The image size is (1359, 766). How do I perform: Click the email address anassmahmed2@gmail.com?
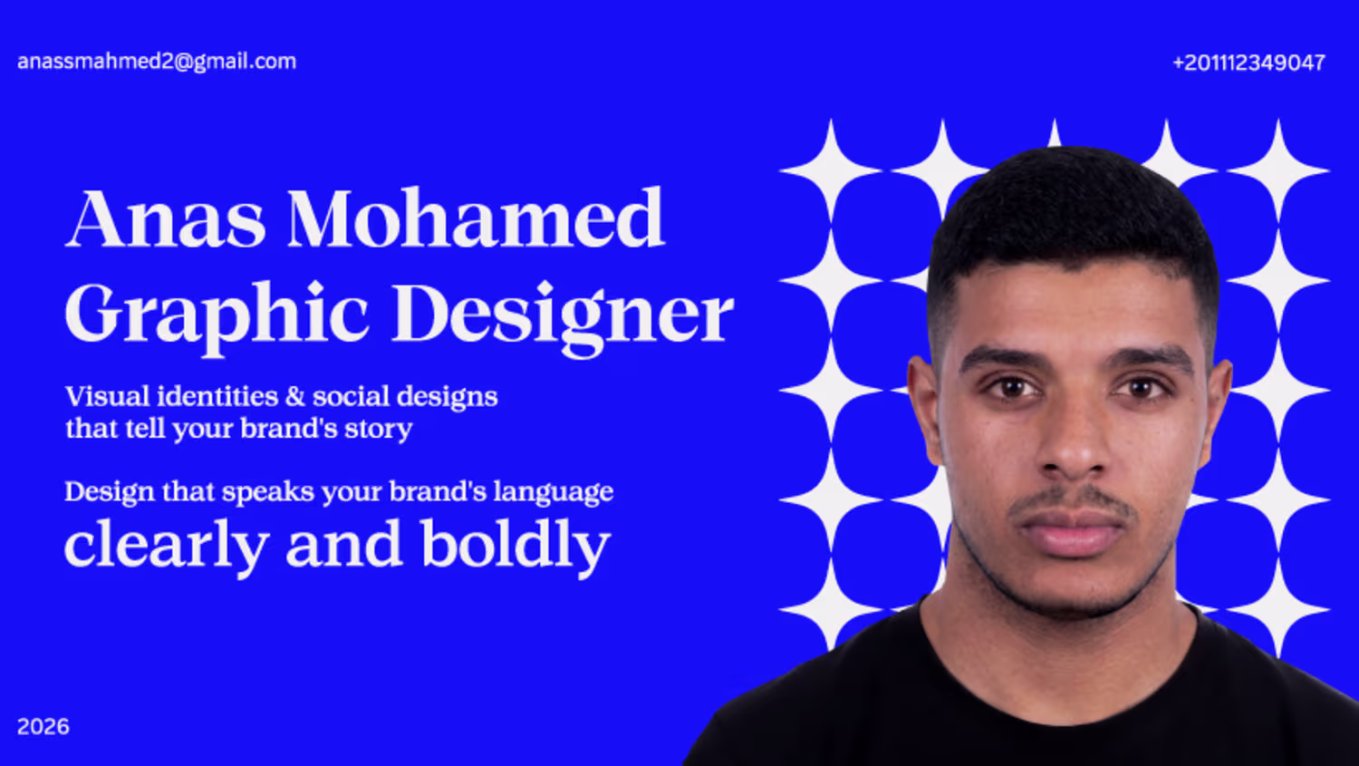coord(157,62)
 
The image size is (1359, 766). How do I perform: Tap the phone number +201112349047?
coord(1249,63)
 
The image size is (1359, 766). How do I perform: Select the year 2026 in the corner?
coord(43,726)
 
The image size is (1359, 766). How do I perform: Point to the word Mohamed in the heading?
coord(477,218)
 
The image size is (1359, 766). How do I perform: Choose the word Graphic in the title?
coord(217,317)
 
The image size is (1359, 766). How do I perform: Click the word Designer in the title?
coord(563,318)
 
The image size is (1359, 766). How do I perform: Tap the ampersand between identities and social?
coord(294,397)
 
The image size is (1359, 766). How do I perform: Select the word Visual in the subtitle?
coord(108,396)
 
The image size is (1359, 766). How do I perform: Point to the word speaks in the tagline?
coord(267,492)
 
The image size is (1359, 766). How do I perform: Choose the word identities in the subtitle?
coord(217,396)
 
